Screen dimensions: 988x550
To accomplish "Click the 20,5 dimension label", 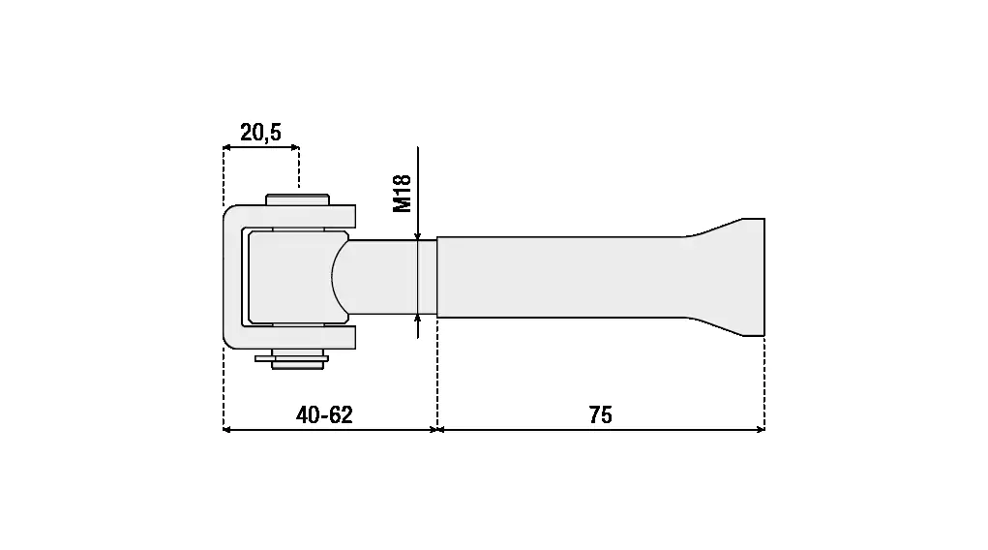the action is [260, 133].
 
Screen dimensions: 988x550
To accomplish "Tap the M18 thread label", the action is [402, 194].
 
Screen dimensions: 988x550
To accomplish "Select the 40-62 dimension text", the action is [324, 414].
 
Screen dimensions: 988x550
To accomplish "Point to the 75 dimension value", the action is [601, 414].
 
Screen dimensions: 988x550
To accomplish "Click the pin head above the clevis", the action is [297, 199].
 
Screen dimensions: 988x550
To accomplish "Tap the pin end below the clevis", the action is [297, 363].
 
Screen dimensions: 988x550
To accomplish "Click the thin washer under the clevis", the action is [291, 359].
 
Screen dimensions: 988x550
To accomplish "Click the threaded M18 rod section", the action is [392, 277].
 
